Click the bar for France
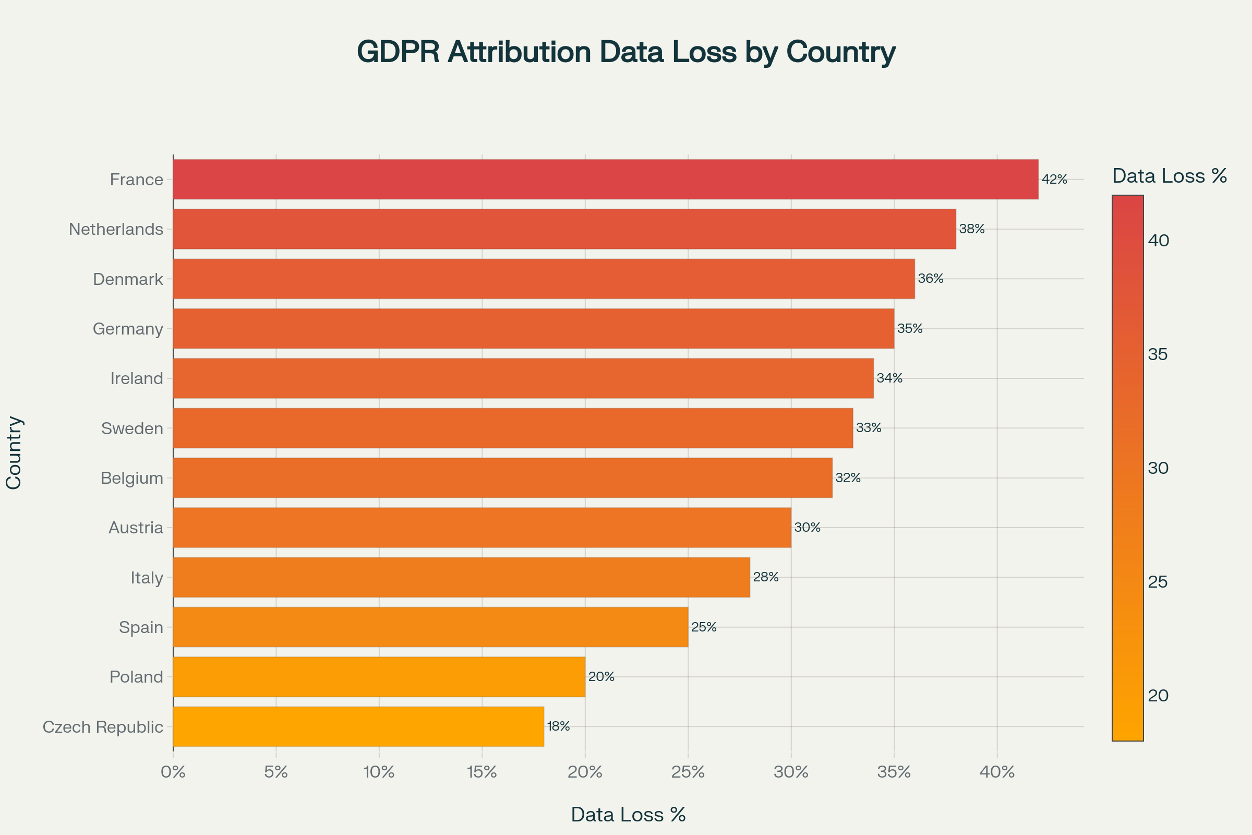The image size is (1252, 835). coord(605,180)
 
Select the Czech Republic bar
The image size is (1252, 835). coord(358,726)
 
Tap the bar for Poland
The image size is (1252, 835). coord(379,677)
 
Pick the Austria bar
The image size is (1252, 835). coord(481,528)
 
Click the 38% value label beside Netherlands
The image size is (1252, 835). coord(972,229)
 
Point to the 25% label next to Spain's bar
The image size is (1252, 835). coord(704,627)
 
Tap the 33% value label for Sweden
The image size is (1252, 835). coord(869,427)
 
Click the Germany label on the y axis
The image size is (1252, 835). coord(128,329)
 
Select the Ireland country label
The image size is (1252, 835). coord(137,379)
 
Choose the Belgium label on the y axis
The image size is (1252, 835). coord(132,478)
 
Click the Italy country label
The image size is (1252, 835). coord(147,578)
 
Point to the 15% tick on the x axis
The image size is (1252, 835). coord(481,772)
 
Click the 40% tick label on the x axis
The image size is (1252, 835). coord(997,772)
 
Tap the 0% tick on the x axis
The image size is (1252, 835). coord(173,772)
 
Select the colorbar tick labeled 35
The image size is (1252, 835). coord(1158,354)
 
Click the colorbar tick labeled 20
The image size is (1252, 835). coord(1158,696)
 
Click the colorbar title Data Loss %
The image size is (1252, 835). coord(1170,176)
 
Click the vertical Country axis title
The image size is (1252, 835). coord(14,452)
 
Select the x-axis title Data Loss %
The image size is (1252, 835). coord(628,815)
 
